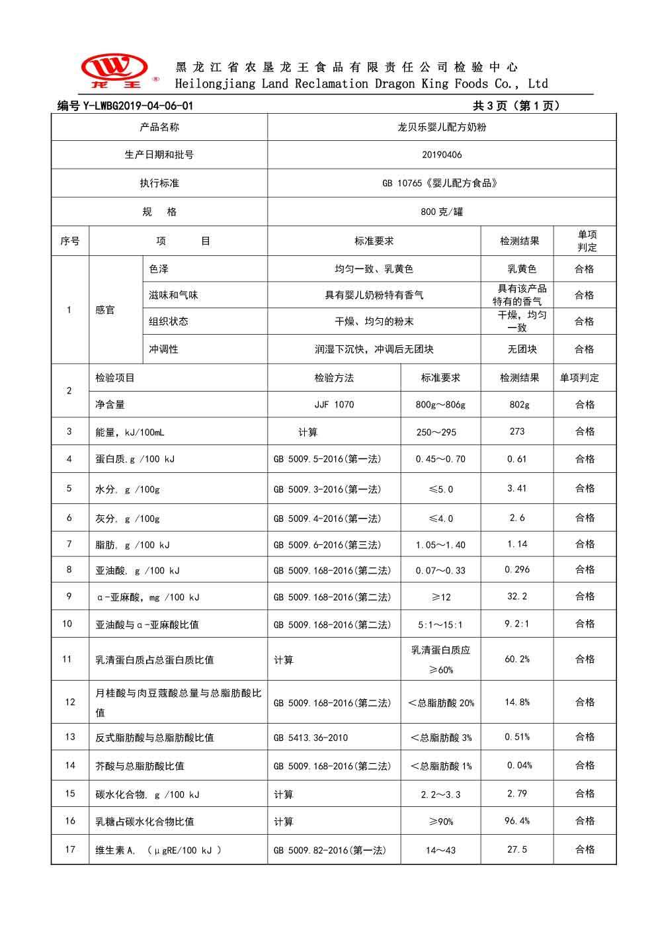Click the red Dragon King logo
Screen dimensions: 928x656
[114, 71]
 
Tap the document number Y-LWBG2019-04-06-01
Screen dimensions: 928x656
[125, 106]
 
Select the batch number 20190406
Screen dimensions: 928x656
[442, 155]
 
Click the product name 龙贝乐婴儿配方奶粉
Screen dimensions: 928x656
[442, 127]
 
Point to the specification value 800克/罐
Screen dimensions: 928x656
[442, 212]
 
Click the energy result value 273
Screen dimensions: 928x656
[517, 431]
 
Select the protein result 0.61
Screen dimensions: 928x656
[517, 459]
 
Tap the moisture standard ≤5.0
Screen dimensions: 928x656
[440, 489]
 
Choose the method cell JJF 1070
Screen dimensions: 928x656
[334, 405]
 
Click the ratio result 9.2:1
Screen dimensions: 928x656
[517, 623]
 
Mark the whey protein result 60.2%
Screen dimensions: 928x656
[517, 659]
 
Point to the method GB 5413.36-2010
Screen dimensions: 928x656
[310, 738]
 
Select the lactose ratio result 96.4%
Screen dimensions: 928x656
[517, 821]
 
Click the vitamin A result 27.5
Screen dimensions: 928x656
[517, 849]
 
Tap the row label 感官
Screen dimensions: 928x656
[105, 310]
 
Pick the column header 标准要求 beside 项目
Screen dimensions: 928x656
[374, 241]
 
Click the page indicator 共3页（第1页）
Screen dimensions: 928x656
[516, 106]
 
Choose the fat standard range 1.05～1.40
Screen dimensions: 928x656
[440, 545]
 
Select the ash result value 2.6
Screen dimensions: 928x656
[517, 518]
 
